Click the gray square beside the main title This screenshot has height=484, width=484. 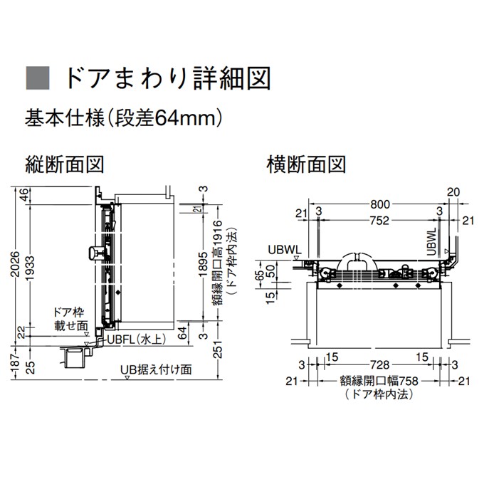(38, 78)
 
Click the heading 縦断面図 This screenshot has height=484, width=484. (65, 164)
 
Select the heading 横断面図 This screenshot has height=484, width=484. (306, 164)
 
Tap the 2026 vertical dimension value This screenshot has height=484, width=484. (15, 265)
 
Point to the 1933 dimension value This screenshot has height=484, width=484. (30, 268)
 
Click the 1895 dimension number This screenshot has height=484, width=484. (203, 264)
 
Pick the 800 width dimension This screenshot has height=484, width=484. (380, 204)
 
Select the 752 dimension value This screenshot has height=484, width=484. (379, 221)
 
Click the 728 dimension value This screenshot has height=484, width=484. (379, 365)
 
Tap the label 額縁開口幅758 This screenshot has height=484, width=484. (379, 381)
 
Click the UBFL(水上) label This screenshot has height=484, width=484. (137, 340)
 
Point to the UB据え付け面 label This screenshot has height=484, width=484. (156, 369)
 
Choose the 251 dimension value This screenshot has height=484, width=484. (219, 349)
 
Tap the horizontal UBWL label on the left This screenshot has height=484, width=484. (285, 250)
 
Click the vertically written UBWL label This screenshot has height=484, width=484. (432, 242)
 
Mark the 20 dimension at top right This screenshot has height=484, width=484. (453, 192)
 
